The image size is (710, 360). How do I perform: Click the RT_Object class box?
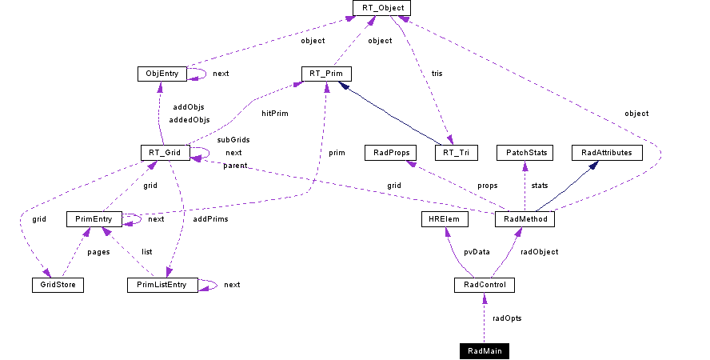382,8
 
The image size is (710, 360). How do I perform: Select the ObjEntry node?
162,74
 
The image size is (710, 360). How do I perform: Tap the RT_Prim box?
326,74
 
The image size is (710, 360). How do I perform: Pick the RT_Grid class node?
163,152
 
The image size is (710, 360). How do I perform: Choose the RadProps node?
387,152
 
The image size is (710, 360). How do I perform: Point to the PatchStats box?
524,152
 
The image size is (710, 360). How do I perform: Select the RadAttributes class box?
607,152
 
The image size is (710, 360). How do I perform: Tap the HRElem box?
443,218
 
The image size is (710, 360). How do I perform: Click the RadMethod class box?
525,218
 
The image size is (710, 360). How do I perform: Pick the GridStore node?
58,284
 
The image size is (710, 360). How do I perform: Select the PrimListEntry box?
162,284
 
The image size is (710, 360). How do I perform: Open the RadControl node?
484,285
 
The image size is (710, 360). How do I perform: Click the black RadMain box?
484,350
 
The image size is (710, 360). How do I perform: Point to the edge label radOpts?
506,318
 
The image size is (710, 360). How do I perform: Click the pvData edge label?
477,251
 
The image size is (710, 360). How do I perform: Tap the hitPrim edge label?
274,113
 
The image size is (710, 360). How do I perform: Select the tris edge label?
437,74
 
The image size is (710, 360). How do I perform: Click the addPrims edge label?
211,218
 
